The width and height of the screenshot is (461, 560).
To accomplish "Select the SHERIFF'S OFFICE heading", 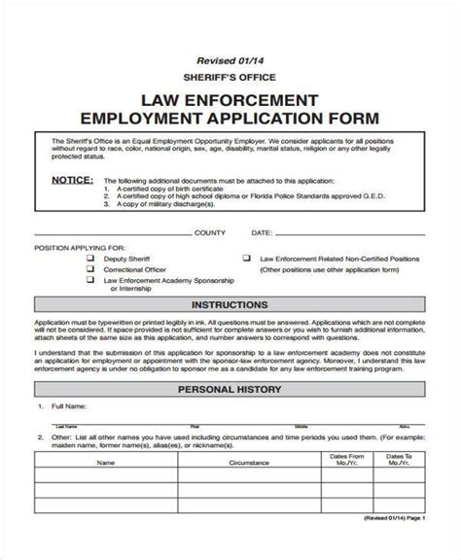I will [x=230, y=77].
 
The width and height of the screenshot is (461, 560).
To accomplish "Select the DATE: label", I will [x=263, y=233].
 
